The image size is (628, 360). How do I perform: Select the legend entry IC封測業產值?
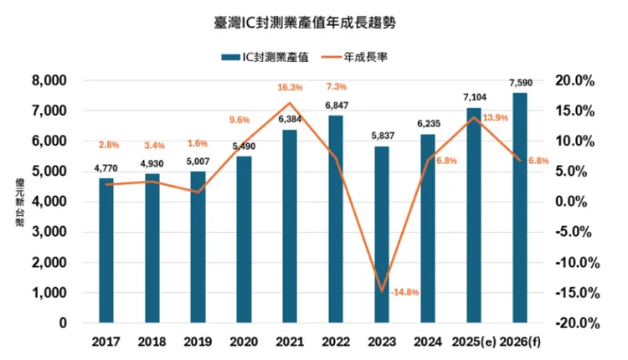(x=266, y=57)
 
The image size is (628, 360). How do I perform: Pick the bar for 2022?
(x=335, y=218)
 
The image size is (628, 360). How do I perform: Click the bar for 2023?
(x=382, y=234)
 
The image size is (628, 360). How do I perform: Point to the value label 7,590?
(x=520, y=83)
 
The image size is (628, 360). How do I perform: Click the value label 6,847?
(x=336, y=105)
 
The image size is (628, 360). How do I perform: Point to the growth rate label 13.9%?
(x=497, y=117)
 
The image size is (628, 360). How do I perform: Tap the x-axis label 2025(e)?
(x=474, y=342)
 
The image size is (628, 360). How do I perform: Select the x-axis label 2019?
(x=198, y=342)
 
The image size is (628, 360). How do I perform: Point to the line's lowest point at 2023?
(x=382, y=291)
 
